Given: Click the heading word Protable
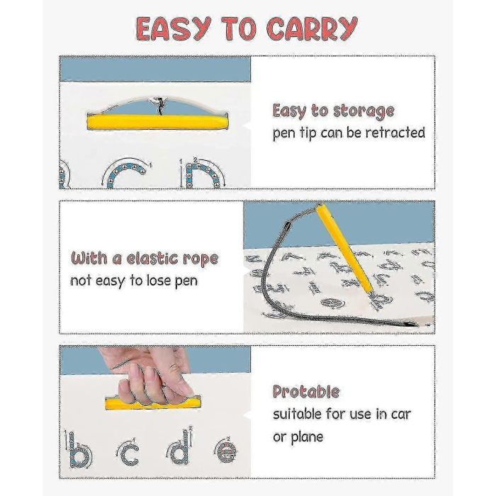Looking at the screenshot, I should tap(306, 392).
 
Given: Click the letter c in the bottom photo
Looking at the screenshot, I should tap(129, 453).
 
